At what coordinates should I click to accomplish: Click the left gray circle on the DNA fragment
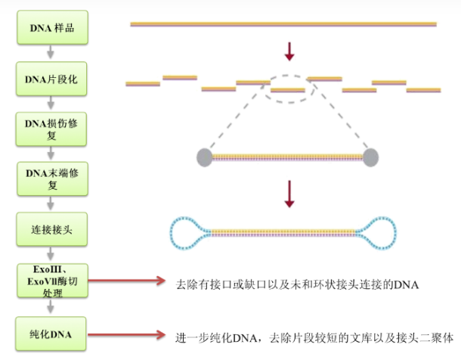(205, 157)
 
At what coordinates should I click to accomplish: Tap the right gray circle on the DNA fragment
(370, 157)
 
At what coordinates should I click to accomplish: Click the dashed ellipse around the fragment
(288, 88)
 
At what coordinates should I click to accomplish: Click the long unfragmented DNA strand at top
(283, 24)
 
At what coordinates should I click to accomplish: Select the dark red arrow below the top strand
(288, 51)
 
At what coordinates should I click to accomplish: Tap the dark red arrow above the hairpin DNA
(288, 194)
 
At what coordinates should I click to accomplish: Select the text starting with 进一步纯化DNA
(314, 337)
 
